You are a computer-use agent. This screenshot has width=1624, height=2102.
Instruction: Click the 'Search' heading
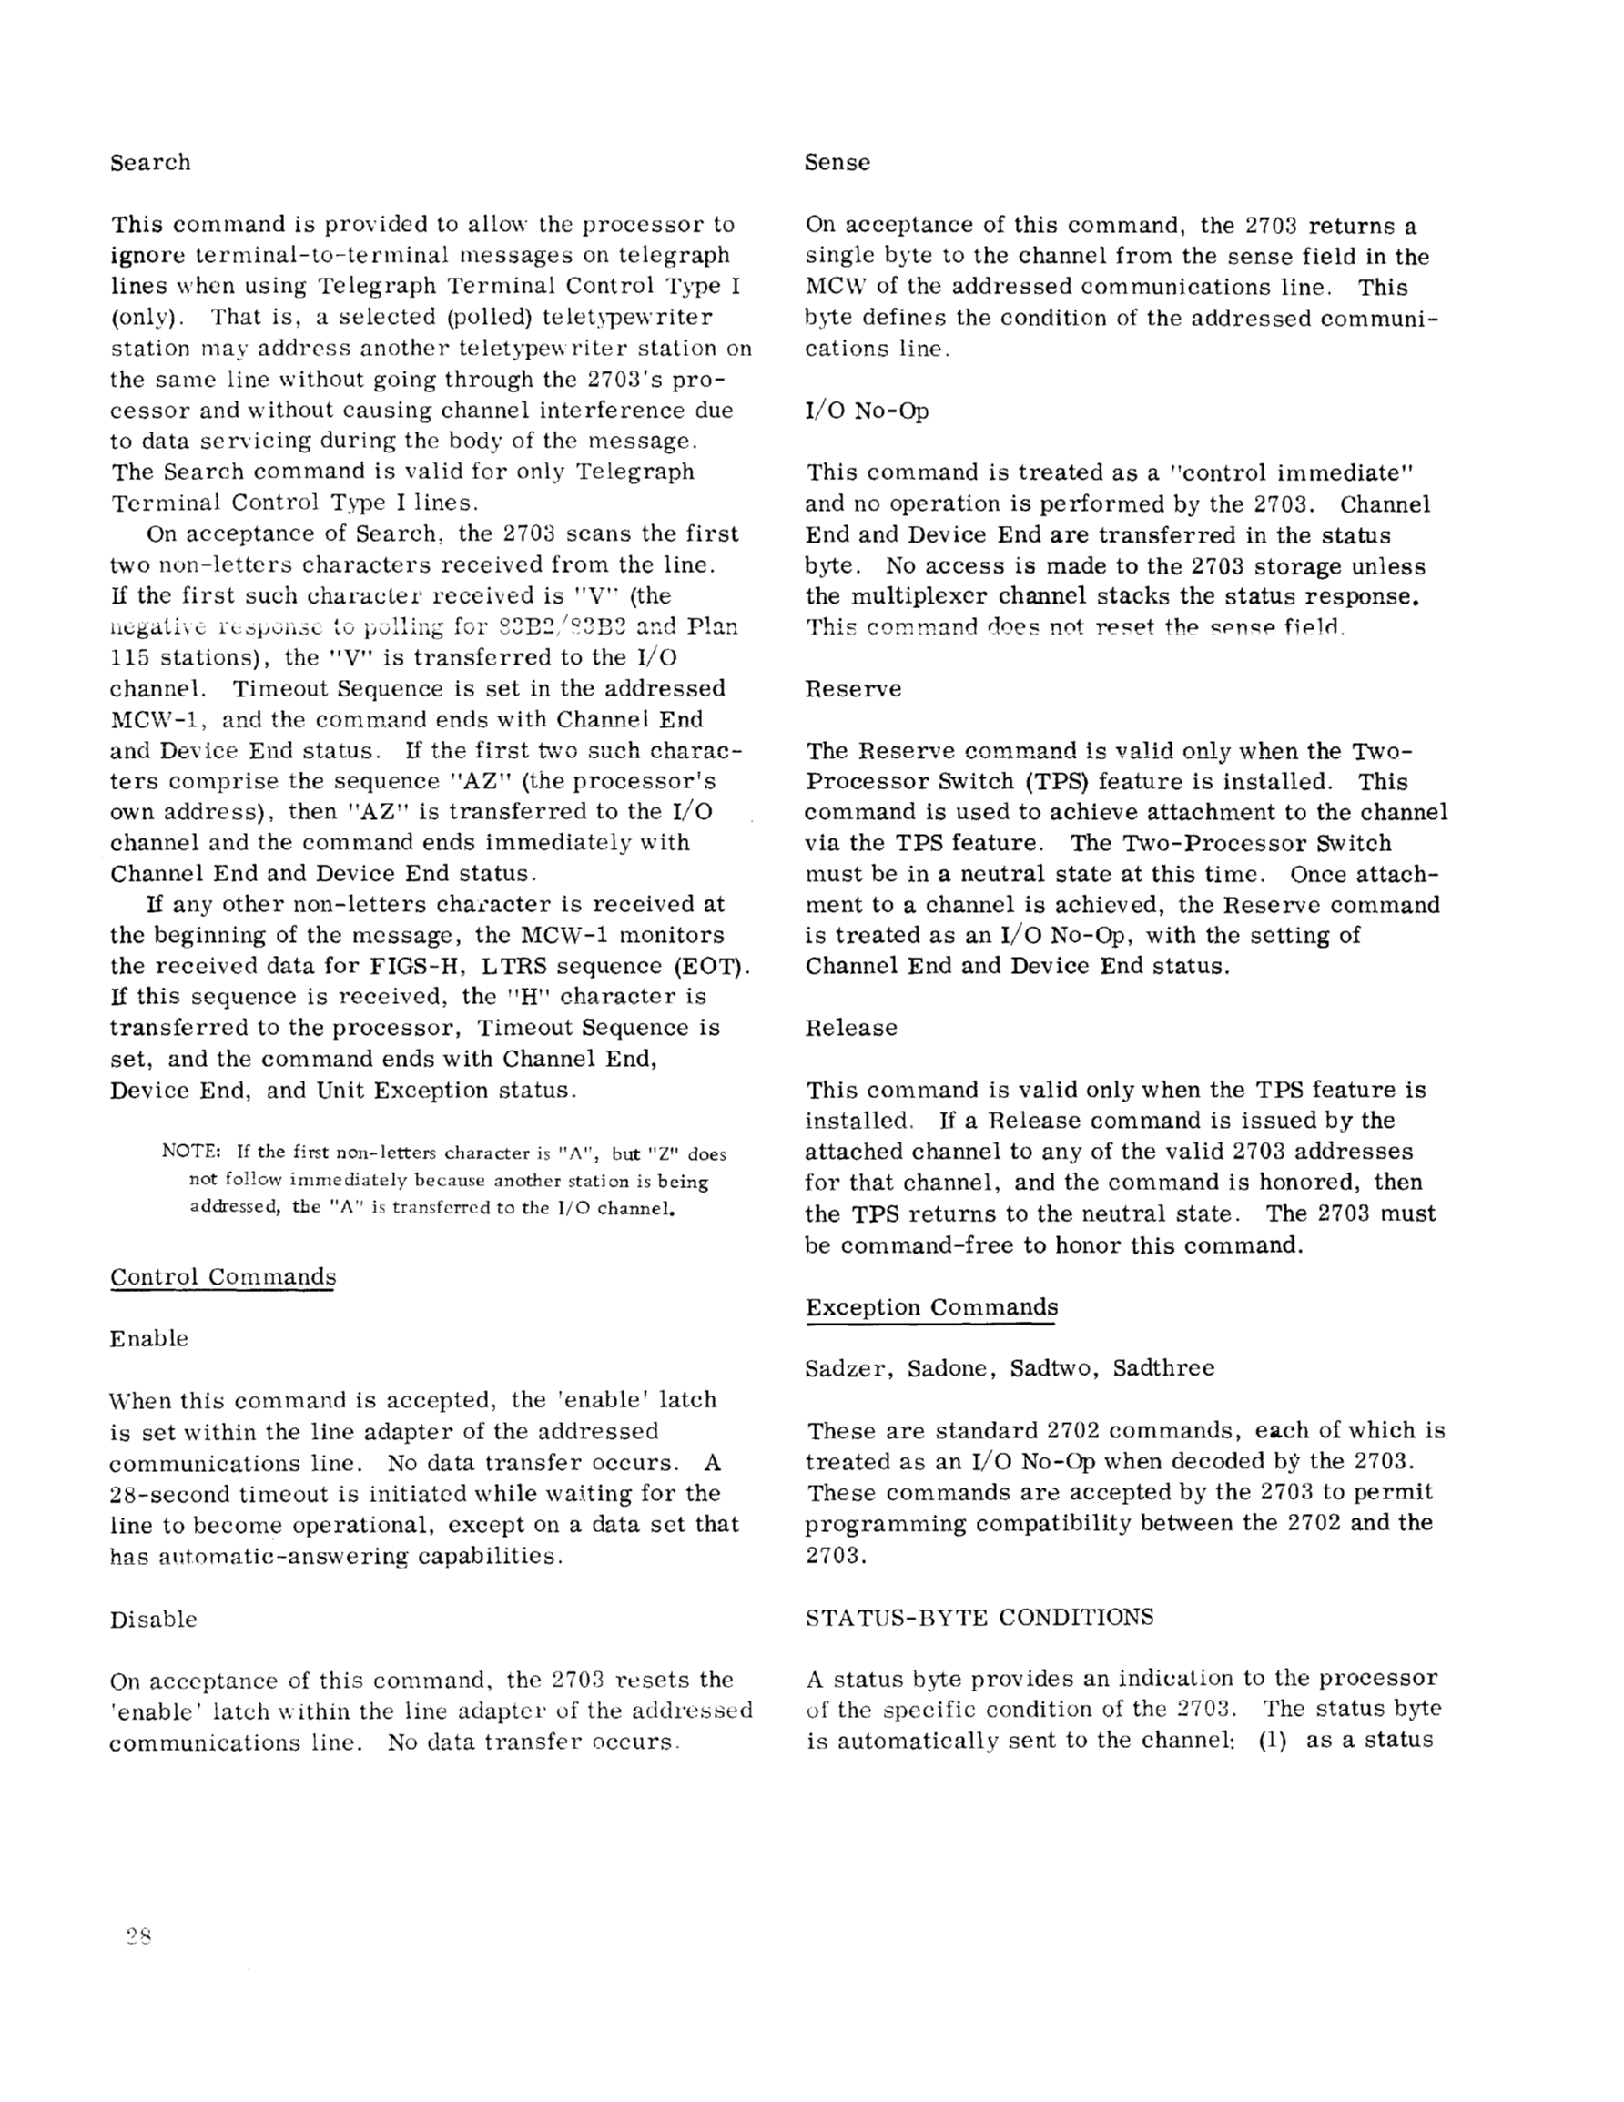click(150, 163)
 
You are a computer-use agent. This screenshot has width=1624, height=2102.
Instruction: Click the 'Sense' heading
click(837, 163)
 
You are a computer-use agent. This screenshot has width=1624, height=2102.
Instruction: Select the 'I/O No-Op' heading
click(867, 411)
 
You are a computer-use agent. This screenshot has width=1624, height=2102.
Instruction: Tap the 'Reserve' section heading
click(853, 689)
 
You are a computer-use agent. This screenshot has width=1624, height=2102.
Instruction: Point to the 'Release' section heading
click(851, 1028)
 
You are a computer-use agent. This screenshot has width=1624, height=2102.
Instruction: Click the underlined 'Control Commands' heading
click(222, 1277)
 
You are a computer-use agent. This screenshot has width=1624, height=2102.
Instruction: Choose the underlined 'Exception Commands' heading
click(931, 1307)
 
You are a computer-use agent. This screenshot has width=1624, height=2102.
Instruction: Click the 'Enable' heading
click(148, 1339)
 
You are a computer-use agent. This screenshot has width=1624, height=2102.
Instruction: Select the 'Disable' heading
click(153, 1619)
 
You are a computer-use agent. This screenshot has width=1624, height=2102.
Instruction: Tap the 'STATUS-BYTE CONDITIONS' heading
click(979, 1617)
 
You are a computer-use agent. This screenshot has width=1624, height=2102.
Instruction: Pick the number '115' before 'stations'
click(129, 658)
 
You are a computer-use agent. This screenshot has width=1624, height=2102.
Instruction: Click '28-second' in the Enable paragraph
click(167, 1494)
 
